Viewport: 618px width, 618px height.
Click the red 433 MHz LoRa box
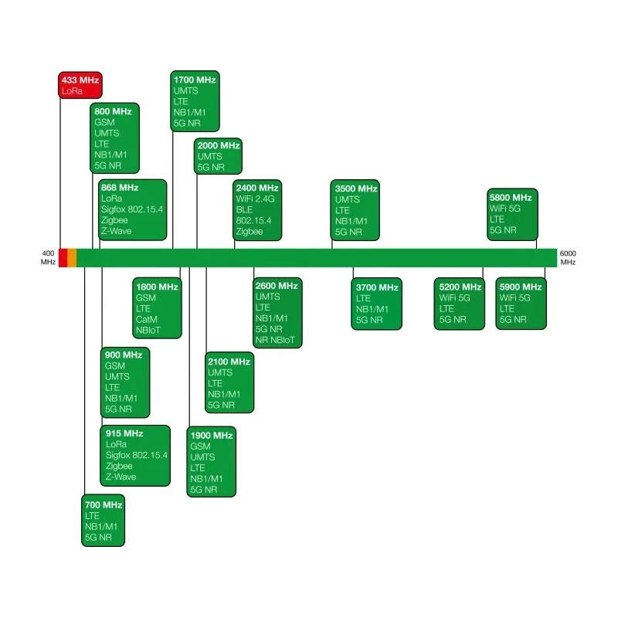[80, 85]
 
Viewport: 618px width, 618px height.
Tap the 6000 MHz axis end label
[568, 258]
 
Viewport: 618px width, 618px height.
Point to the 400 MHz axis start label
[48, 258]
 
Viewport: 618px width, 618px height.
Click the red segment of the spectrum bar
[63, 258]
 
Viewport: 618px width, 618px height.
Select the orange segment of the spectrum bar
[72, 258]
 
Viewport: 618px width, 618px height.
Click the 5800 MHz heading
[511, 198]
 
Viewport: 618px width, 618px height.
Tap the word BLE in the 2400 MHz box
[244, 209]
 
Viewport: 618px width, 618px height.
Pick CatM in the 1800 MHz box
[147, 319]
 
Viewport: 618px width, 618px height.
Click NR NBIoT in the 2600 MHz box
[275, 340]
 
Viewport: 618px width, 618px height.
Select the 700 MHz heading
[104, 505]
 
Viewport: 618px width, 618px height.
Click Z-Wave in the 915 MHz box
[121, 477]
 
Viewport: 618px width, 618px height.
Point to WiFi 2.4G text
[256, 199]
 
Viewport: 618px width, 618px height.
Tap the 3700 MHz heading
[377, 287]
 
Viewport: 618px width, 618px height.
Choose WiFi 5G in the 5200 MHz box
[454, 298]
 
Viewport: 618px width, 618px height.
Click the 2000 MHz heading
[219, 145]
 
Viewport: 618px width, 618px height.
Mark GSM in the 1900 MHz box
[200, 447]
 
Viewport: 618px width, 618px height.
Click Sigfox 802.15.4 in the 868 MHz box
[132, 209]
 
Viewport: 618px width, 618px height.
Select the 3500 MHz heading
[356, 188]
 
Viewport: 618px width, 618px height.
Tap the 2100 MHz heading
[229, 362]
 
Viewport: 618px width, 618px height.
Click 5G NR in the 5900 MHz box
[513, 319]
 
